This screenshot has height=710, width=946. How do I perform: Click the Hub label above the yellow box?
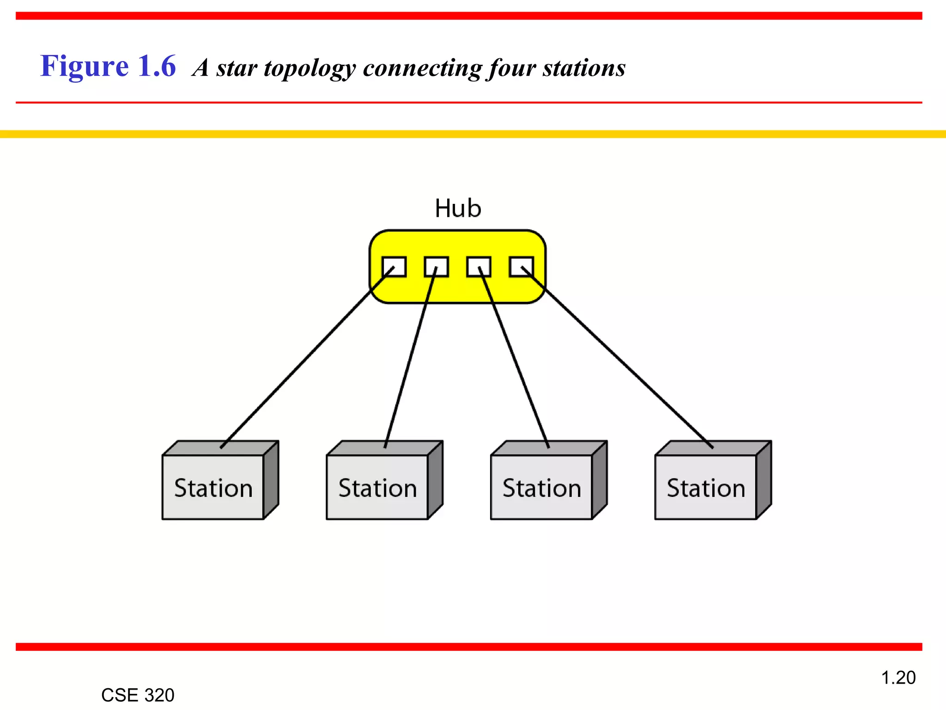(458, 208)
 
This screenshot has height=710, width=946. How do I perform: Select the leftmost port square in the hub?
(394, 267)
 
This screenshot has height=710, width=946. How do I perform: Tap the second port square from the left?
(437, 267)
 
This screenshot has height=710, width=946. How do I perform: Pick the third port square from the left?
(479, 267)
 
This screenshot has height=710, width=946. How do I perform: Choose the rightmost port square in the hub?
(522, 267)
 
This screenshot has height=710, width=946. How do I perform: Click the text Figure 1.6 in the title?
(108, 66)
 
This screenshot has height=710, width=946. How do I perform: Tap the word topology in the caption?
(309, 68)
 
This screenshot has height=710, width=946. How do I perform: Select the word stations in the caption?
(584, 68)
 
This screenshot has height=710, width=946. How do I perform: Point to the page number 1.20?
(898, 678)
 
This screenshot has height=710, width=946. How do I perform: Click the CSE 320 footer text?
(138, 695)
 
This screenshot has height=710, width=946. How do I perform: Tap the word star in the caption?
(236, 68)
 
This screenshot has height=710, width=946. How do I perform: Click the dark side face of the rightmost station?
(764, 481)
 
